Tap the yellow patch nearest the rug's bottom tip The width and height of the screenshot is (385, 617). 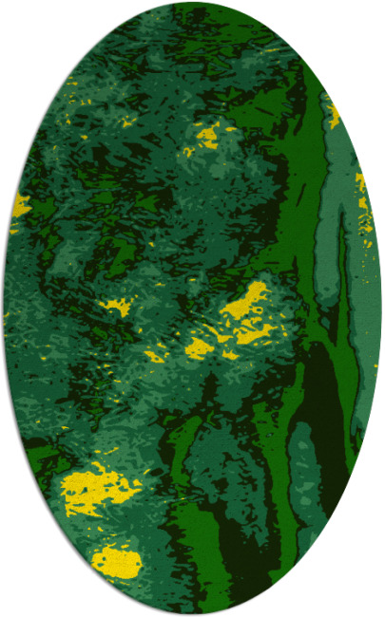click(117, 562)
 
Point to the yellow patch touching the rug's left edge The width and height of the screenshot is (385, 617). click(19, 204)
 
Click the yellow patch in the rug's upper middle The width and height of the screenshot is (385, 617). click(206, 138)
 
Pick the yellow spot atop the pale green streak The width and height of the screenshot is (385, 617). click(334, 116)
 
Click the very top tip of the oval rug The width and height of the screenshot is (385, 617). click(192, 3)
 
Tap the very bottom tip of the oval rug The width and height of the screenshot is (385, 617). click(192, 614)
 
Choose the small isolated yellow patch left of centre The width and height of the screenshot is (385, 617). click(118, 307)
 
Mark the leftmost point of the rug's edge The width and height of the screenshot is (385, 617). click(3, 308)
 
